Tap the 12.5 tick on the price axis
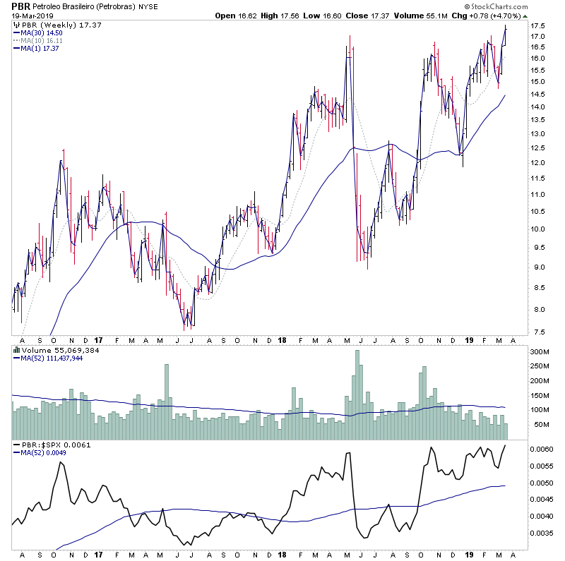click(538, 147)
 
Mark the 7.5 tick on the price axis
click(538, 332)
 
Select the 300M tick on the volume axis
click(540, 351)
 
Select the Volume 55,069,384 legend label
click(58, 349)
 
